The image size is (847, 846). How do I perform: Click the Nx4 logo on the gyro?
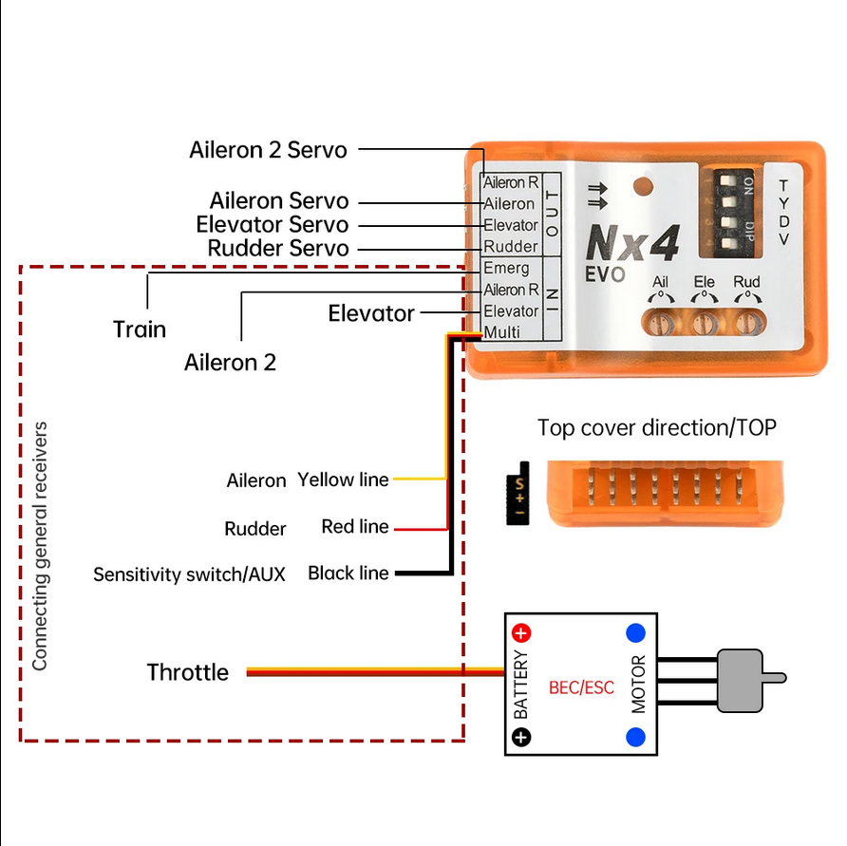(x=632, y=245)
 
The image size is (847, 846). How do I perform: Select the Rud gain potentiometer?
(x=747, y=322)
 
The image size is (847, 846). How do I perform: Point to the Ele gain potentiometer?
(x=705, y=322)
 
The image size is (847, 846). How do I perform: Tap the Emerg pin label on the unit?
(x=506, y=268)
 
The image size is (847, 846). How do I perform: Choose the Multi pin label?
(x=502, y=332)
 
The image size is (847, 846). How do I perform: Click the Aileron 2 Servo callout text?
(x=268, y=150)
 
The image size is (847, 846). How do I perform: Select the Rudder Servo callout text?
(x=278, y=248)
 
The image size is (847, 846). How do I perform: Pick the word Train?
(x=140, y=329)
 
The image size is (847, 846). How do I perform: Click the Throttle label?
(x=188, y=672)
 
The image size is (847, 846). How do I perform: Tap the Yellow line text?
(x=343, y=479)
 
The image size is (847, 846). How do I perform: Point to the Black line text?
(x=348, y=573)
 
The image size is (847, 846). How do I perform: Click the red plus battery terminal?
(x=522, y=632)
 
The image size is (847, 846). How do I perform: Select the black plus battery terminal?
(x=522, y=736)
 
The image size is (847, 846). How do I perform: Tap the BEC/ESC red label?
(x=582, y=686)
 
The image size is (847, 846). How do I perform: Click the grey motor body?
(x=740, y=681)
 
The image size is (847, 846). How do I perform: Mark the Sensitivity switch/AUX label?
(x=189, y=574)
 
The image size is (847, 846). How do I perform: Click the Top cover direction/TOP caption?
(x=656, y=427)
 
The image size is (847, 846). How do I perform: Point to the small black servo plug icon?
(x=518, y=494)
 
